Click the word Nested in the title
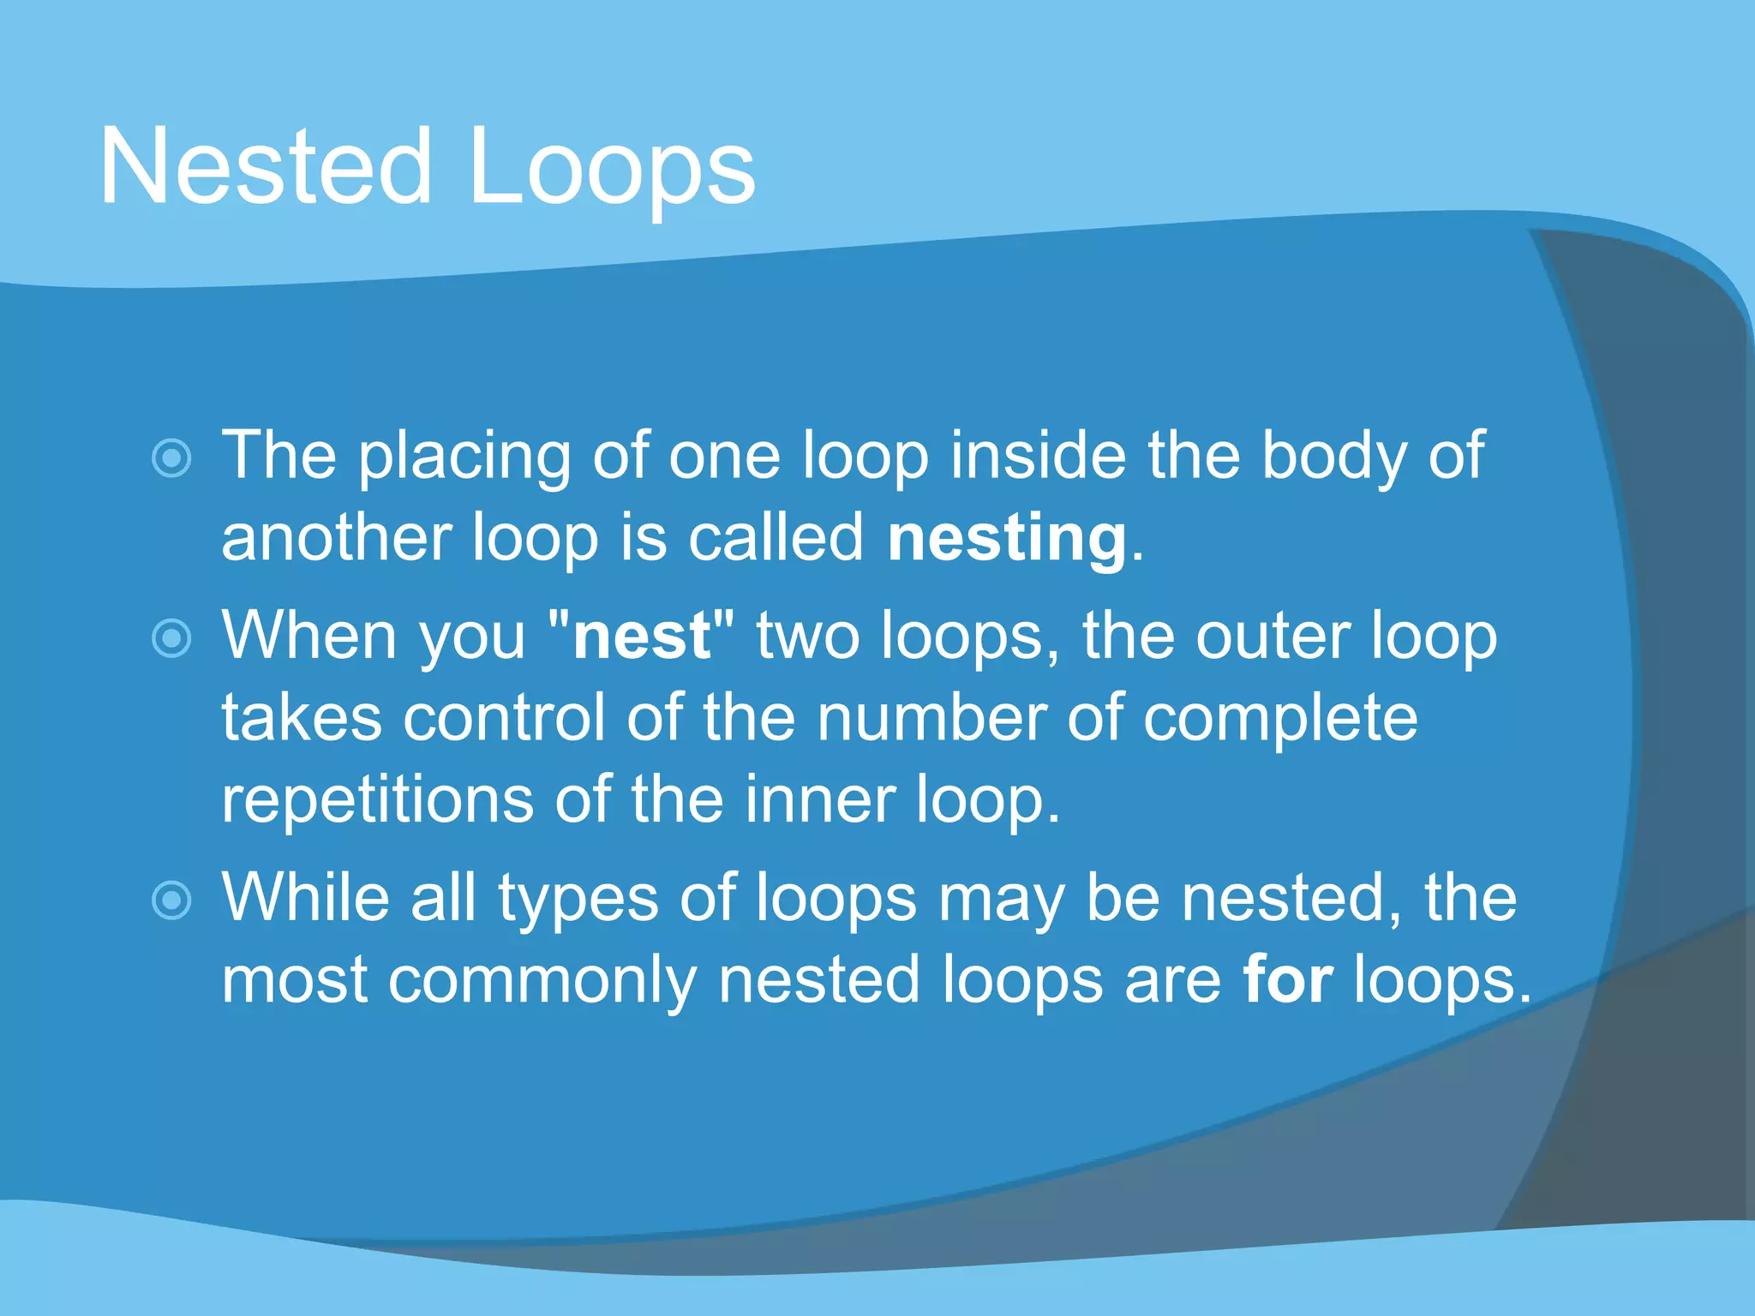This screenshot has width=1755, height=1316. [266, 167]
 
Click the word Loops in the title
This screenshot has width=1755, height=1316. [611, 167]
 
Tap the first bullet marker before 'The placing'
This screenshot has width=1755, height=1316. [171, 458]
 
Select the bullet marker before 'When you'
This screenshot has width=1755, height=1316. [171, 638]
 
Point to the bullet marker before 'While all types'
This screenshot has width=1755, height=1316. [171, 900]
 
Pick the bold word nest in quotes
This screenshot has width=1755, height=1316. [641, 637]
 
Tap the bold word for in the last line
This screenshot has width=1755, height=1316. [1287, 979]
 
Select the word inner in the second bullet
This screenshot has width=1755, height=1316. [818, 799]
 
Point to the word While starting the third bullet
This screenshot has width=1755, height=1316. [305, 897]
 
